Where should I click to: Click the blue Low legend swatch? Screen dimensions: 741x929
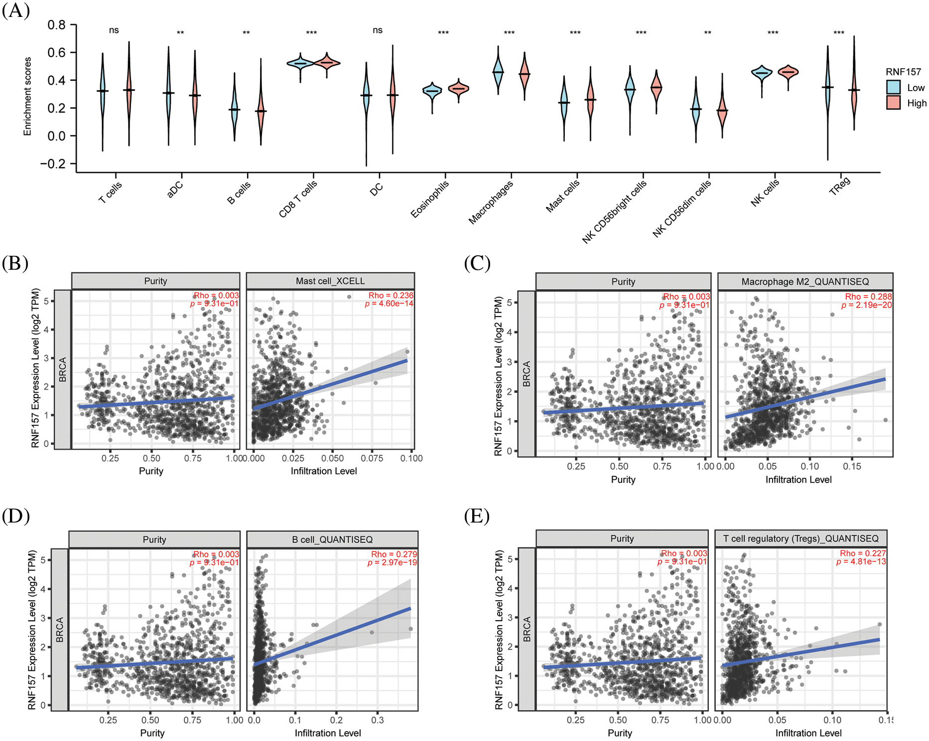pyautogui.click(x=893, y=88)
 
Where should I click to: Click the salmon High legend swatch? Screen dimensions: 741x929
pyautogui.click(x=893, y=103)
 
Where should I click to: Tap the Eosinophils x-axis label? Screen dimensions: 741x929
pyautogui.click(x=429, y=199)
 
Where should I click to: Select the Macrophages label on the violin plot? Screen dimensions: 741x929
pyautogui.click(x=491, y=202)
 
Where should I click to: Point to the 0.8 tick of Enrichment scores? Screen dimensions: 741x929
pyautogui.click(x=56, y=25)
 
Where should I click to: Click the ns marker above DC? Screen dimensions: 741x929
pyautogui.click(x=378, y=30)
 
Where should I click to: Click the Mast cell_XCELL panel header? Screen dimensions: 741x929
pyautogui.click(x=330, y=281)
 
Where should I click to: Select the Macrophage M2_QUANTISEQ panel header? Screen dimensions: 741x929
pyautogui.click(x=805, y=282)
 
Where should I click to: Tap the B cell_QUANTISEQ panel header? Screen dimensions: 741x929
pyautogui.click(x=332, y=539)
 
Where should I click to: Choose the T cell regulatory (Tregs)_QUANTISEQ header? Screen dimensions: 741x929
pyautogui.click(x=801, y=538)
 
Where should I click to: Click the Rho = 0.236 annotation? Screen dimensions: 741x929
pyautogui.click(x=391, y=296)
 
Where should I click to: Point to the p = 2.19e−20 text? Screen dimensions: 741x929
pyautogui.click(x=867, y=305)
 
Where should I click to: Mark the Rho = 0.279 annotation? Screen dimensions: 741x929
pyautogui.click(x=394, y=554)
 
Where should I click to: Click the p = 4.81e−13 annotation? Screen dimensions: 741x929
pyautogui.click(x=861, y=562)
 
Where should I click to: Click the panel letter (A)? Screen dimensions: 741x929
pyautogui.click(x=16, y=10)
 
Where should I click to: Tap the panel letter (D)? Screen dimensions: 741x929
pyautogui.click(x=16, y=516)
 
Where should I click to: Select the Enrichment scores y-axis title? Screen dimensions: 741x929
pyautogui.click(x=27, y=97)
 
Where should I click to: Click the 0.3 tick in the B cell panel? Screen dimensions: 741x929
pyautogui.click(x=378, y=720)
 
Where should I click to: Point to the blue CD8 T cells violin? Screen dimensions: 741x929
pyautogui.click(x=300, y=64)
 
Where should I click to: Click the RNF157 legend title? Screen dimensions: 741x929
pyautogui.click(x=904, y=72)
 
